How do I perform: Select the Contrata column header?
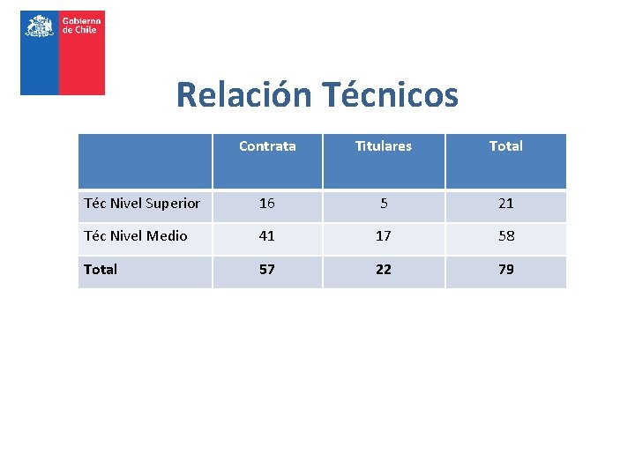tap(267, 146)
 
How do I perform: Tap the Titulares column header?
tap(383, 146)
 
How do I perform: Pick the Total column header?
tap(505, 146)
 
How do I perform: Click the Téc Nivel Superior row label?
tap(142, 204)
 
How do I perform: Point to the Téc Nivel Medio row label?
tap(136, 236)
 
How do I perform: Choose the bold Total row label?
tap(101, 270)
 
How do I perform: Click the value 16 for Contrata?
tap(267, 204)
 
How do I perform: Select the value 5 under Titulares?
tap(384, 204)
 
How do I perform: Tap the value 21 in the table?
tap(505, 204)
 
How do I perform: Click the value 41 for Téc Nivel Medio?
tap(267, 236)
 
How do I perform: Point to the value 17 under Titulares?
tap(384, 236)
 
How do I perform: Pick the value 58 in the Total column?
tap(505, 236)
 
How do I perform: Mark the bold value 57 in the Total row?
tap(267, 270)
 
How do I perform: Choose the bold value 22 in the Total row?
tap(384, 270)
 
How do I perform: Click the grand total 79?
tap(505, 270)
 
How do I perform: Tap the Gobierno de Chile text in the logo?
tap(79, 25)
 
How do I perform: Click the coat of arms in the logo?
tap(40, 26)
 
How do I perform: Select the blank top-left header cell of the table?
tap(145, 161)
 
